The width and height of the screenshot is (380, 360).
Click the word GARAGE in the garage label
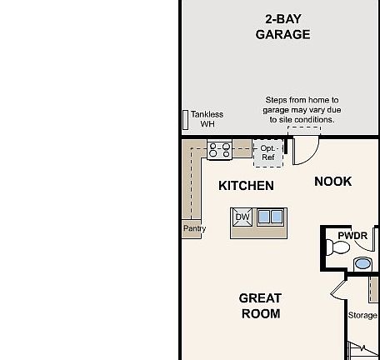(x=282, y=35)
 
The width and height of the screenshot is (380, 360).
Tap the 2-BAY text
(x=283, y=18)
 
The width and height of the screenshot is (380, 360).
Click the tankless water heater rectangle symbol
(x=185, y=119)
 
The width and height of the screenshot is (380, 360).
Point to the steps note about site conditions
(x=302, y=110)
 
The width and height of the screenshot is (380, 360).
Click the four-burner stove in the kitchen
(x=220, y=151)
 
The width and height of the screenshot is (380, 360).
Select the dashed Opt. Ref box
(x=267, y=153)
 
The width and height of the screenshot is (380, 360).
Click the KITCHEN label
(x=246, y=186)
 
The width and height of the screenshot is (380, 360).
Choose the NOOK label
(x=332, y=182)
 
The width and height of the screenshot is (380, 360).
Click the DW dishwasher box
(x=242, y=217)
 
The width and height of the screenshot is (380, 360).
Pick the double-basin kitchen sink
(x=270, y=217)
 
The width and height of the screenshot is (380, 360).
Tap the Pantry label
(x=194, y=228)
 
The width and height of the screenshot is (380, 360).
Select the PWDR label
(x=352, y=236)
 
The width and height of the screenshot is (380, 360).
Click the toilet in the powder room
(x=343, y=247)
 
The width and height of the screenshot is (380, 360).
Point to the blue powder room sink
(x=362, y=264)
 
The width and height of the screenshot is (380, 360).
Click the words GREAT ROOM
(x=260, y=306)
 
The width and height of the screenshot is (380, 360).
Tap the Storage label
(x=362, y=316)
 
